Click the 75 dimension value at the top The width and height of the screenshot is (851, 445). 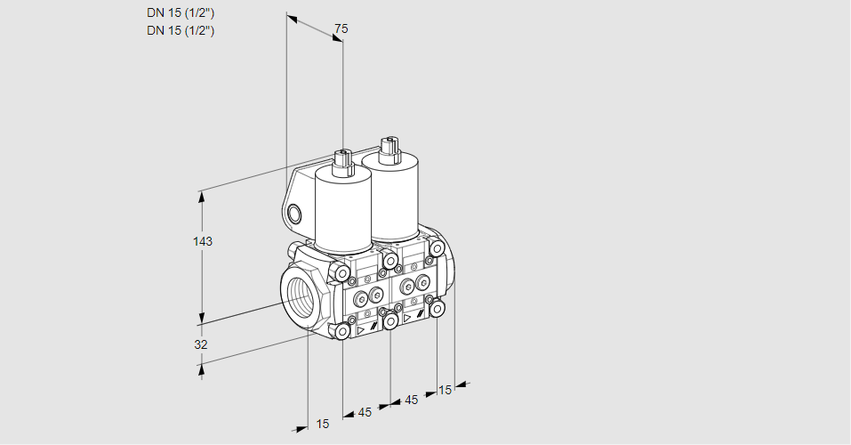pyautogui.click(x=341, y=28)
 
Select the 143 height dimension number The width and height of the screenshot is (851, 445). pyautogui.click(x=203, y=241)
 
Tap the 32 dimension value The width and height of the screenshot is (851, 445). pyautogui.click(x=201, y=344)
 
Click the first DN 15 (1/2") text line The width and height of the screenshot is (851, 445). pyautogui.click(x=181, y=13)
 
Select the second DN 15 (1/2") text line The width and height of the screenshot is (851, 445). pyautogui.click(x=181, y=30)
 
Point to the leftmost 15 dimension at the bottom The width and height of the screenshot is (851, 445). pyautogui.click(x=323, y=424)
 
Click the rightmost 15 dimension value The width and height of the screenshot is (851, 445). pyautogui.click(x=445, y=390)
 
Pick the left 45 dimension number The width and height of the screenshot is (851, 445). pyautogui.click(x=365, y=412)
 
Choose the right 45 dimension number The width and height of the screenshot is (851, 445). pyautogui.click(x=412, y=400)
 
